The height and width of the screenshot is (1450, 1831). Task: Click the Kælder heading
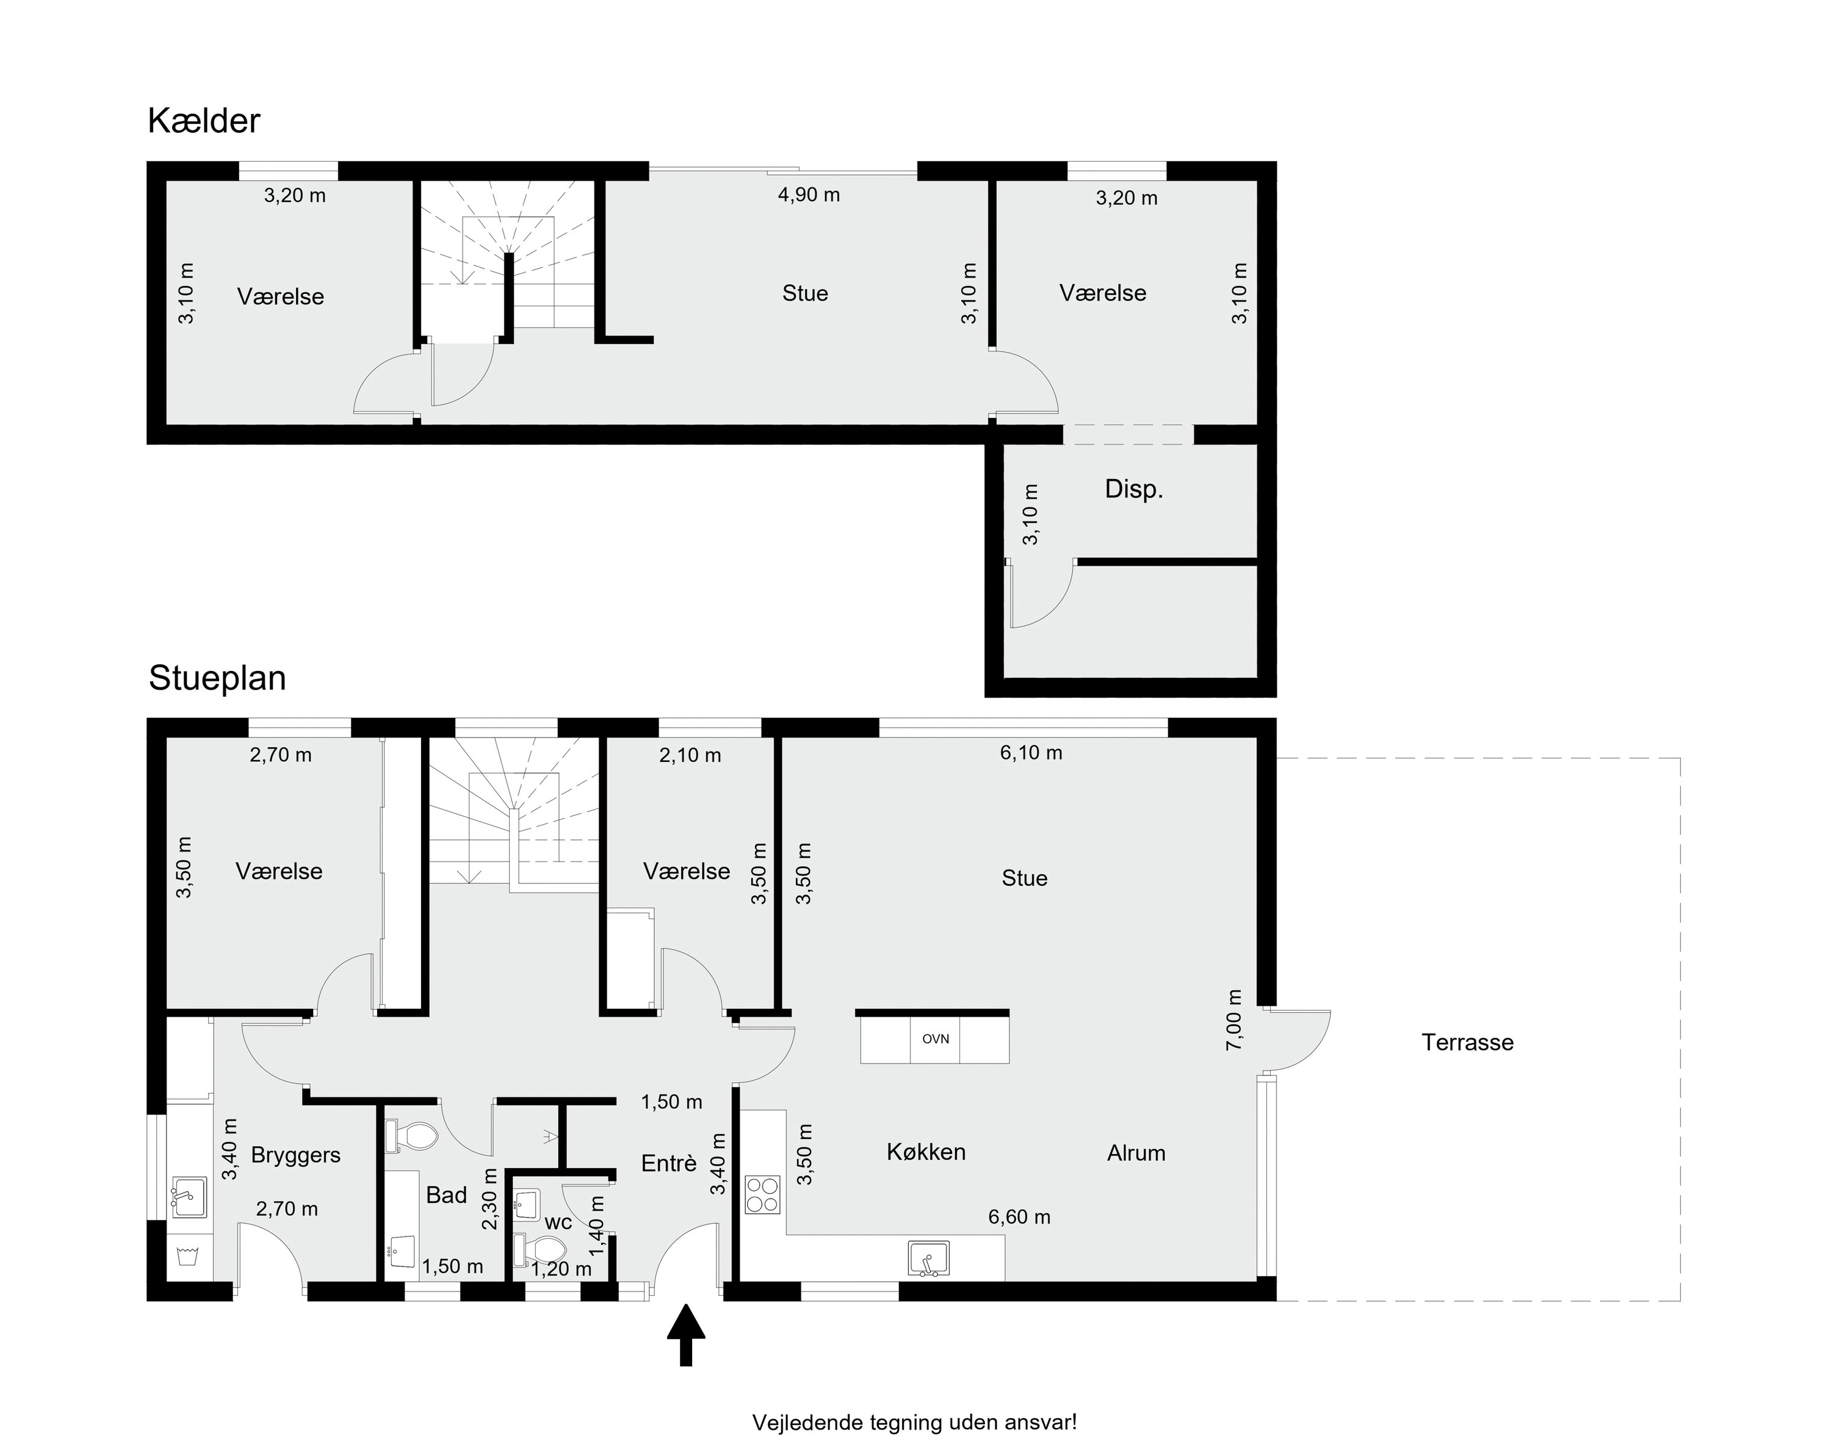tap(204, 121)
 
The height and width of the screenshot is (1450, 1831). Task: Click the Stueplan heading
tap(217, 678)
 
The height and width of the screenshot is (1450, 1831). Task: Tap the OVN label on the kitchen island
tap(935, 1039)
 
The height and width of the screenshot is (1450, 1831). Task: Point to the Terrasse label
tap(1467, 1043)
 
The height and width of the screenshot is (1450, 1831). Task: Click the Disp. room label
tap(1134, 489)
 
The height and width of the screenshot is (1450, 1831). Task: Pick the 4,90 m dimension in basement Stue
tap(809, 195)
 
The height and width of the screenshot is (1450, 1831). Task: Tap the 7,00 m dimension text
tap(1234, 1019)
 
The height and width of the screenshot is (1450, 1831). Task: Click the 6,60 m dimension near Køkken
tap(1019, 1218)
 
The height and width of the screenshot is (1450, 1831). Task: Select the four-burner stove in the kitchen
tap(763, 1194)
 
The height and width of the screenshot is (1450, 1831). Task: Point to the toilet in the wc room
tap(540, 1250)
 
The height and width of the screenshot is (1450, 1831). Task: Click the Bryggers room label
tap(295, 1155)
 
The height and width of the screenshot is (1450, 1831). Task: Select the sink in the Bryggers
tap(188, 1197)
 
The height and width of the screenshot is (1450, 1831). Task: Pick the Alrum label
tap(1136, 1153)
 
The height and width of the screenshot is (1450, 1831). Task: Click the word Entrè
tap(669, 1163)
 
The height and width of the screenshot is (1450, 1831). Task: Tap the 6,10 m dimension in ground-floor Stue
tap(1031, 753)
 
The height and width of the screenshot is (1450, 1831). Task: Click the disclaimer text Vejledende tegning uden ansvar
tap(915, 1422)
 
